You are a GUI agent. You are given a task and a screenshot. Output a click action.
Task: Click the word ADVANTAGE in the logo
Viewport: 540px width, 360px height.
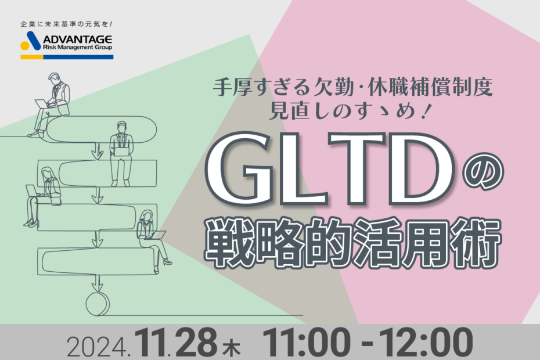pyautogui.click(x=77, y=39)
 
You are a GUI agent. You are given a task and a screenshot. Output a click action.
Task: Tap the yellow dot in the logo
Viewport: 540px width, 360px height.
pyautogui.click(x=25, y=45)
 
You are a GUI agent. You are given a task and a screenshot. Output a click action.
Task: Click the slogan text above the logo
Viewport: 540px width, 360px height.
pyautogui.click(x=66, y=24)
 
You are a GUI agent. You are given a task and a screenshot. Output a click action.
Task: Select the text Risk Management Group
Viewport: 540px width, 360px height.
pyautogui.click(x=77, y=48)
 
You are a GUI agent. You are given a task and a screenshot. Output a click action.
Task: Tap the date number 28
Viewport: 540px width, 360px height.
pyautogui.click(x=197, y=343)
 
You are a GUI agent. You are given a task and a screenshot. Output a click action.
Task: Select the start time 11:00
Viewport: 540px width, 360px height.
pyautogui.click(x=306, y=343)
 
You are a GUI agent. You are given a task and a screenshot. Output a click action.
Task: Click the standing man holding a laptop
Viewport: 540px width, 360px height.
pyautogui.click(x=121, y=153)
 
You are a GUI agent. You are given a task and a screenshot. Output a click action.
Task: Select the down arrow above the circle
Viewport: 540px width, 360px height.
pyautogui.click(x=98, y=283)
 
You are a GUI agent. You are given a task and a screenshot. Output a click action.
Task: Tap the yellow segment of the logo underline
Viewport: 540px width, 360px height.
pyautogui.click(x=32, y=57)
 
